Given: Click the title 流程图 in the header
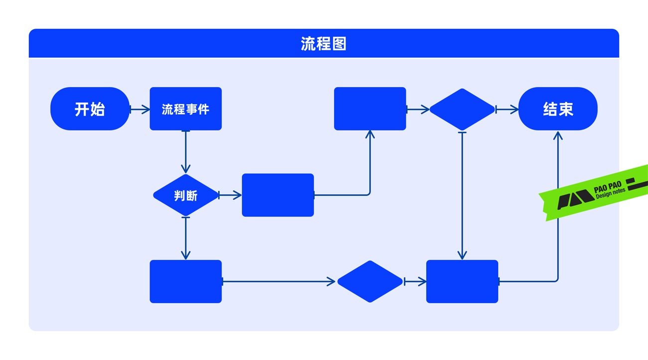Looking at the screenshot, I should point(324,44).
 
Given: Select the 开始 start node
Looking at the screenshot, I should point(90,109).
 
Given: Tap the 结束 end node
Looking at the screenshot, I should point(558,109).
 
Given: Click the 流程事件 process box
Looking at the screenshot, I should point(185,109).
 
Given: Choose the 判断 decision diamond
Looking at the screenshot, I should point(185,195).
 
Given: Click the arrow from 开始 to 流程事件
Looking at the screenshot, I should point(140,109).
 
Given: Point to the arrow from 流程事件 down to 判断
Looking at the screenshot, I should point(185,152).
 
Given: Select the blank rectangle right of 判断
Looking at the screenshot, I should point(278,195).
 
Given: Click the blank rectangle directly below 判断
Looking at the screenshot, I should point(185,281).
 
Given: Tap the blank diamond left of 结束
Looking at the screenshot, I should point(462,109).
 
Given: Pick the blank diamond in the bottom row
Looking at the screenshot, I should point(369,281).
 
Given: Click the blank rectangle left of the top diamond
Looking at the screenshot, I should point(370,109).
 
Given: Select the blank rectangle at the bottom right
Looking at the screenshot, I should point(462,281).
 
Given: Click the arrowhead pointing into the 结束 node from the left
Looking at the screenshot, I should point(514,109).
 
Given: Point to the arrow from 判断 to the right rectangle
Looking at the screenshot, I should point(230,195).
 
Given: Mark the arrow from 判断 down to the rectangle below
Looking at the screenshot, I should point(185,238).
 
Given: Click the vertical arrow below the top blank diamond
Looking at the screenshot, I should point(462,195).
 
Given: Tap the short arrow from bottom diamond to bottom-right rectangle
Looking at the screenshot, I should point(415,282).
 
